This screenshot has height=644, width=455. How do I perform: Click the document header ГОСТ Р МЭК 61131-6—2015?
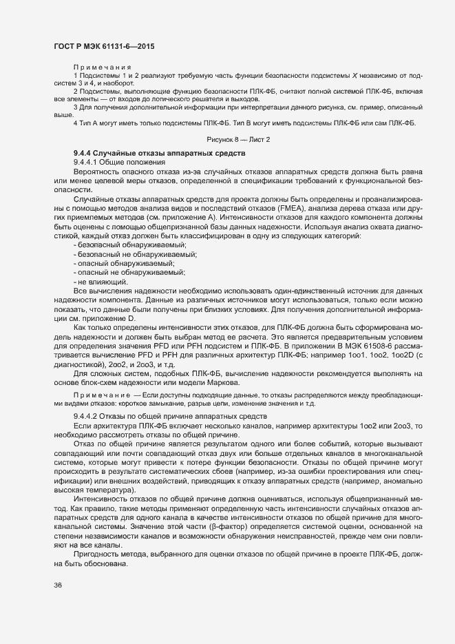(x=103, y=46)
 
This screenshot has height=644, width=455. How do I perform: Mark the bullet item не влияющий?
(x=100, y=281)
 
